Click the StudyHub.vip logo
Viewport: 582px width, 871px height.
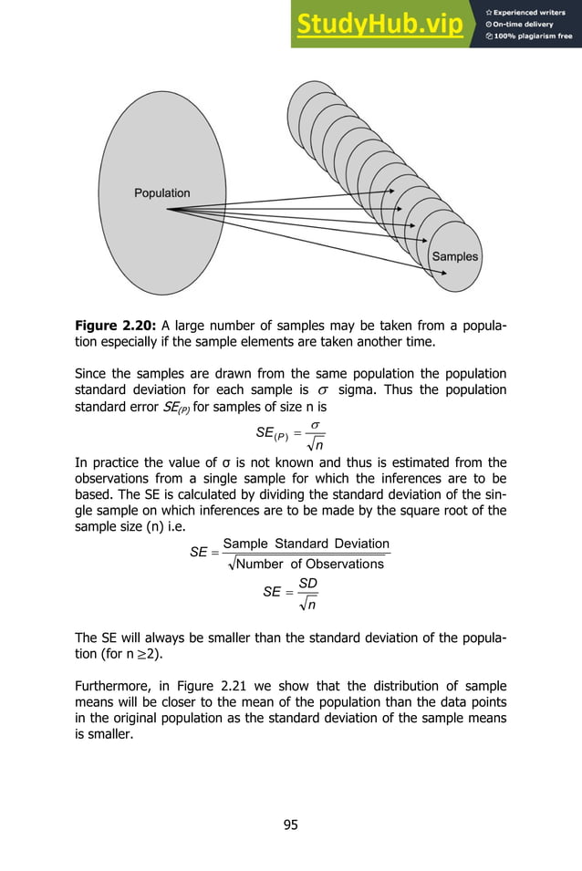pyautogui.click(x=378, y=25)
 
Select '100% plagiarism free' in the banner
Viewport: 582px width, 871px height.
pyautogui.click(x=533, y=36)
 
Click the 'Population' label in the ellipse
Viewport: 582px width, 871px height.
pyautogui.click(x=162, y=192)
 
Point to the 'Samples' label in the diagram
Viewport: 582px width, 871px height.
pyautogui.click(x=454, y=256)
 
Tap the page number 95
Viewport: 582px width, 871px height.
pyautogui.click(x=290, y=825)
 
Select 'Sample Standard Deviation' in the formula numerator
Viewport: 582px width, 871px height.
pyautogui.click(x=306, y=544)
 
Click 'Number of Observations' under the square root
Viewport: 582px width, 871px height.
pyautogui.click(x=310, y=564)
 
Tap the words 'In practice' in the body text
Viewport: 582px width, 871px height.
pyautogui.click(x=106, y=461)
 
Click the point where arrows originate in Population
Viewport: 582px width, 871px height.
pyautogui.click(x=167, y=210)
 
